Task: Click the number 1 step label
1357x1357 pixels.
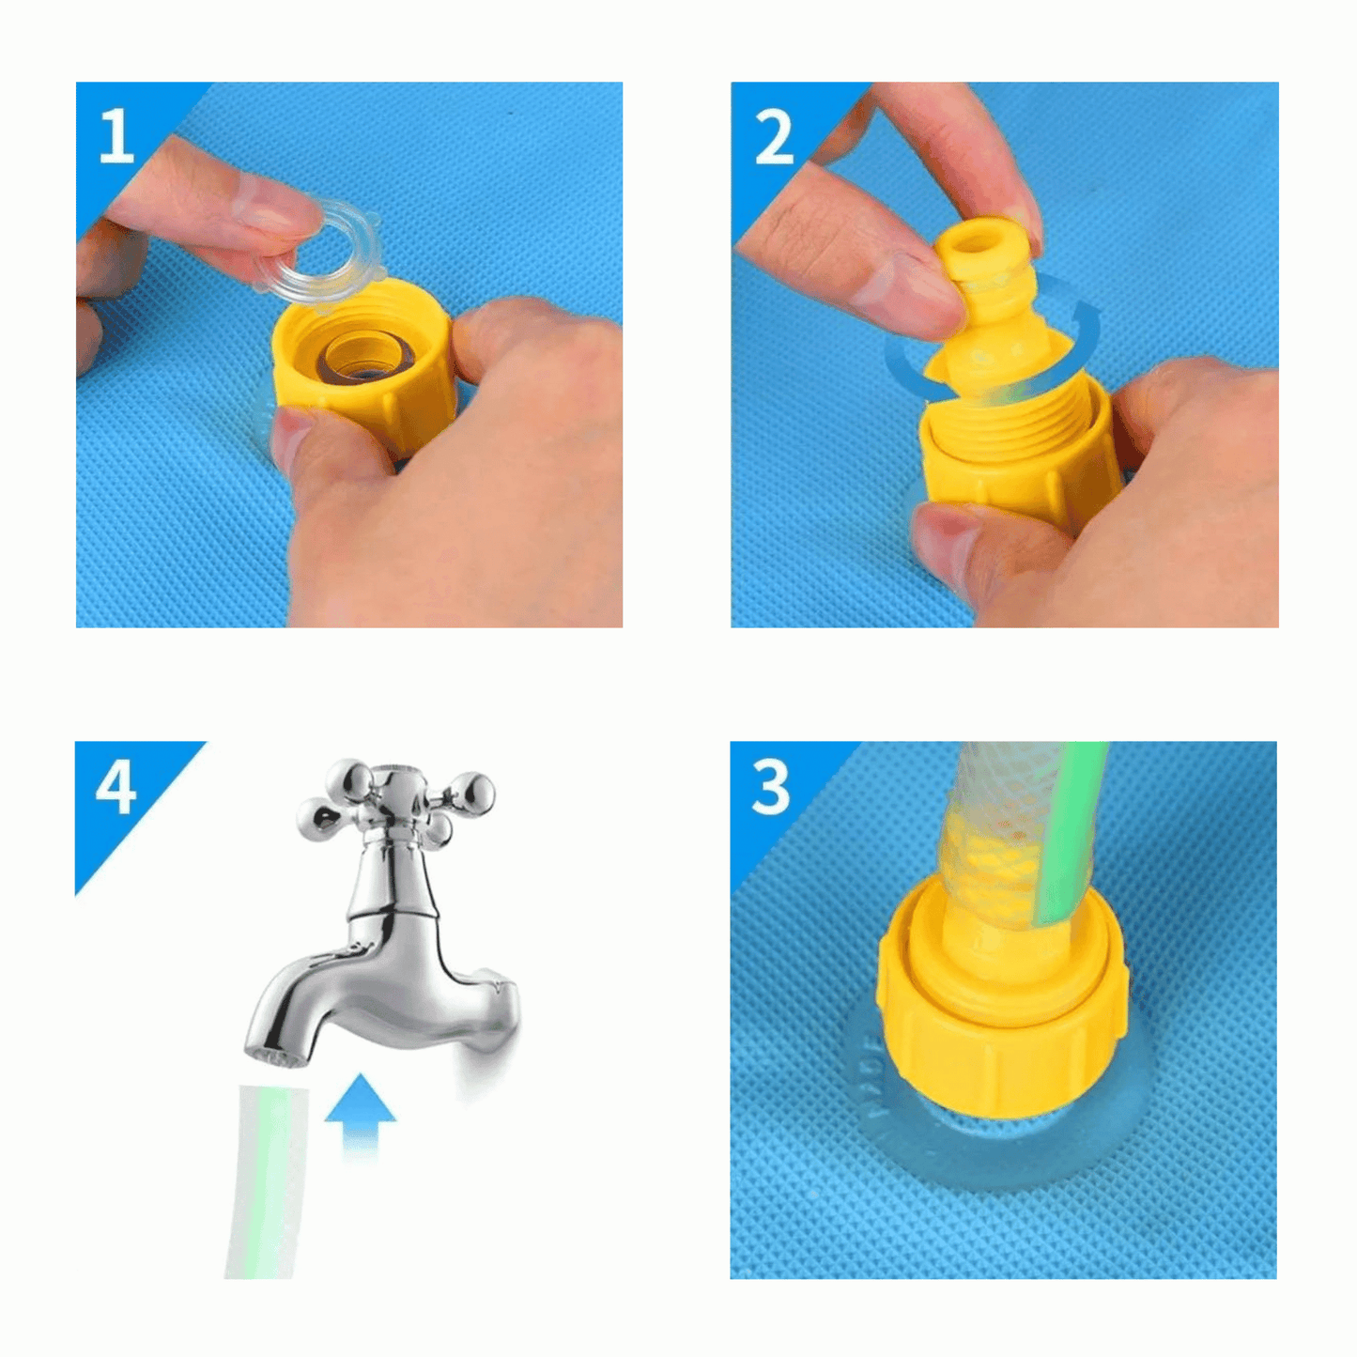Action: (116, 137)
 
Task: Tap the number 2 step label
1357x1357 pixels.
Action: (774, 138)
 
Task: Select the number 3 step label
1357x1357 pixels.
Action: (772, 787)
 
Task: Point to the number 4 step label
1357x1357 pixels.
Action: (116, 787)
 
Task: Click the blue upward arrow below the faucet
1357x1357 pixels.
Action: (360, 1108)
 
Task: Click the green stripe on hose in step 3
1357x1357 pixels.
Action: (1071, 826)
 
